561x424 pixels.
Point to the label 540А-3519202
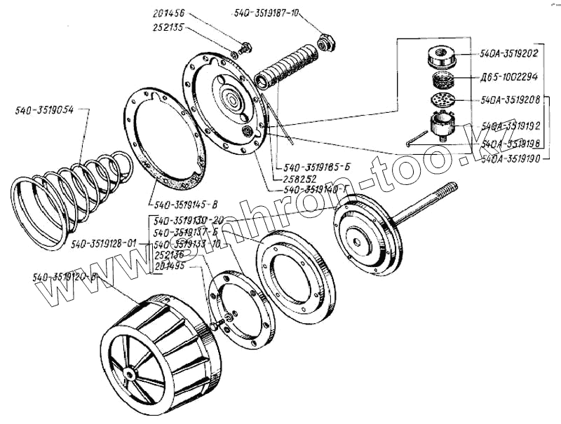[508, 53]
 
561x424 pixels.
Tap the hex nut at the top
[324, 43]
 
